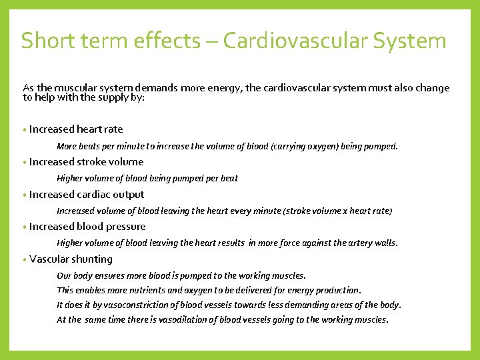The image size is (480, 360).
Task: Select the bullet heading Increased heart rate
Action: pos(76,129)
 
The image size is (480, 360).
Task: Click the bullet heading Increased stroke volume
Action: pos(86,162)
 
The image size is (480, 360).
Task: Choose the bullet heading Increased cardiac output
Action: pos(87,195)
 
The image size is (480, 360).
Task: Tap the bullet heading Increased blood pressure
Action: pos(87,227)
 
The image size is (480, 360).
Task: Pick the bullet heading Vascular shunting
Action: pos(71,259)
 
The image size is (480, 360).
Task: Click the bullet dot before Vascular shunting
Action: pos(24,260)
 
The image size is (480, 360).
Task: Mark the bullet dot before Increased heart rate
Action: pos(24,130)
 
